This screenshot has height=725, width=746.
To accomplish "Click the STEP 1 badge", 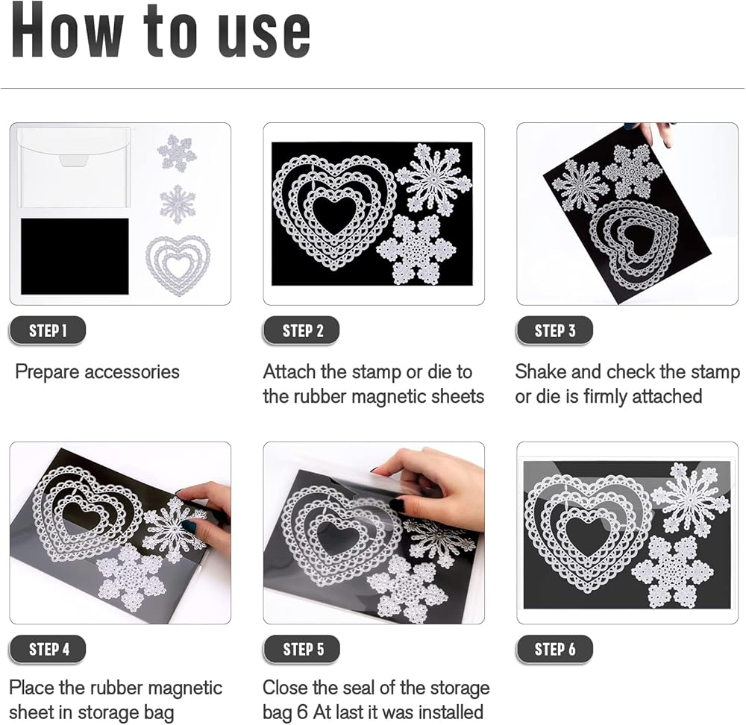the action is [47, 330].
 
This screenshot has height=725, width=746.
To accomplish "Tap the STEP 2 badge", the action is [301, 330].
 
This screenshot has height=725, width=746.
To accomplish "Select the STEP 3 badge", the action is [554, 330].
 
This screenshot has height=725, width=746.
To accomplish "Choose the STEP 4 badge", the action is [47, 649].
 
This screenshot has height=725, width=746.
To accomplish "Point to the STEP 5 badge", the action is [301, 649].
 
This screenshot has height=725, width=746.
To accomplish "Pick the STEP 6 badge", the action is [554, 649].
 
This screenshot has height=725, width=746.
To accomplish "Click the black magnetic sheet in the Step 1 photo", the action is [75, 257].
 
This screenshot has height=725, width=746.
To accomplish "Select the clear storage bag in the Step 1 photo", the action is [74, 166].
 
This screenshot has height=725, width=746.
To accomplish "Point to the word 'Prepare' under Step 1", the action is [46, 372].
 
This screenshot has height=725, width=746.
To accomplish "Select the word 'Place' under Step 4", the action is [31, 688].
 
